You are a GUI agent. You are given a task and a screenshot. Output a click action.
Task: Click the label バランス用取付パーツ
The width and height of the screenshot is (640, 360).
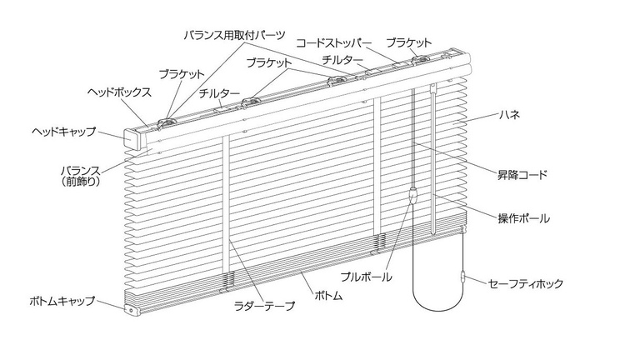click(235, 36)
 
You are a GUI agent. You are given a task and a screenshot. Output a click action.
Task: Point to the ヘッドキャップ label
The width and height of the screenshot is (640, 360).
click(65, 132)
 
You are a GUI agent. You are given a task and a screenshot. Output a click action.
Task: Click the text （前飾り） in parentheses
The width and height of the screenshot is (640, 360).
click(76, 179)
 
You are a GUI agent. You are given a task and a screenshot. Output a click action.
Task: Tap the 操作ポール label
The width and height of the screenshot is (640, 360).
click(522, 218)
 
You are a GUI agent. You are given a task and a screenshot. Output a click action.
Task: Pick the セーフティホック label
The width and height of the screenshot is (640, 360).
click(527, 284)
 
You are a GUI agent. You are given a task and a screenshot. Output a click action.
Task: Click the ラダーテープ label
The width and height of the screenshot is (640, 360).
click(264, 307)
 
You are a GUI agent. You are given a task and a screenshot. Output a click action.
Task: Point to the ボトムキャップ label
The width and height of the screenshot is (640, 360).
click(62, 301)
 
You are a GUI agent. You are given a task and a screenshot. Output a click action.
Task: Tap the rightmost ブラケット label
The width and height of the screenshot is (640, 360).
click(409, 42)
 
